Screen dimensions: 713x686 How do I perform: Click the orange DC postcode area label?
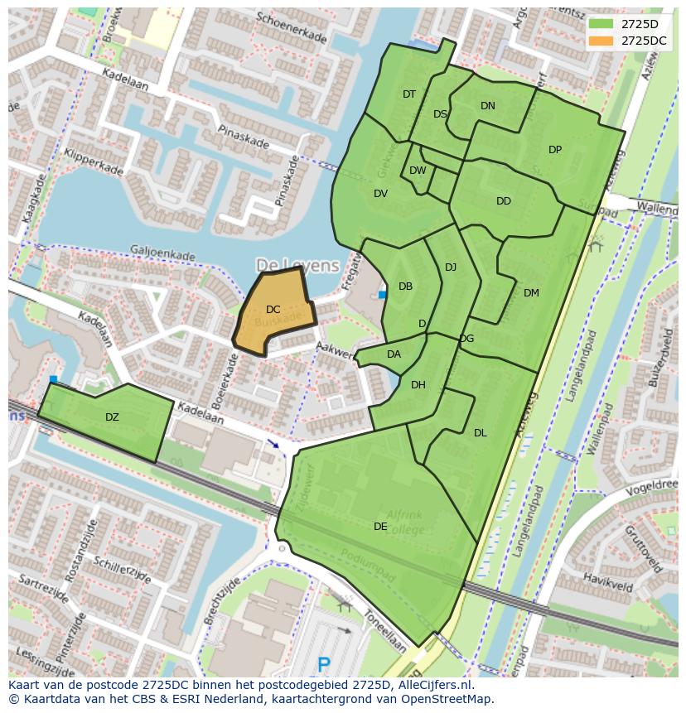click(273, 310)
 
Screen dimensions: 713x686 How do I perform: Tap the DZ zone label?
click(112, 417)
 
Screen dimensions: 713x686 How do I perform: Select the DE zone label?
click(380, 526)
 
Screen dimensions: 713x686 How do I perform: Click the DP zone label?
click(555, 150)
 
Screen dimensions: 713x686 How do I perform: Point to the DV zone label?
click(380, 194)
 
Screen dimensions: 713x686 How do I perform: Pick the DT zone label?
click(409, 94)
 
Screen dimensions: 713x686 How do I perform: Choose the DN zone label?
click(488, 105)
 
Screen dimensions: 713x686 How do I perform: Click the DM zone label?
click(531, 292)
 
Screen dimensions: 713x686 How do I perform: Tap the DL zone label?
click(481, 432)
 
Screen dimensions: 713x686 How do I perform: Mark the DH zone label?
click(418, 384)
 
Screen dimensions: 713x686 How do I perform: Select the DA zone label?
click(394, 354)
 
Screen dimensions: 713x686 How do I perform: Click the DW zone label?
click(418, 171)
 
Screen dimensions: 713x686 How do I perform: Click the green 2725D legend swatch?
click(601, 24)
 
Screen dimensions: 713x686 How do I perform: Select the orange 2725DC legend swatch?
click(601, 41)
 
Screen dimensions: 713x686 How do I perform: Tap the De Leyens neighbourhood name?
click(297, 265)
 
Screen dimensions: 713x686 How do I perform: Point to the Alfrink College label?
click(405, 523)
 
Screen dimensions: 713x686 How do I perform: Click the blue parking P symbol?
click(324, 664)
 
